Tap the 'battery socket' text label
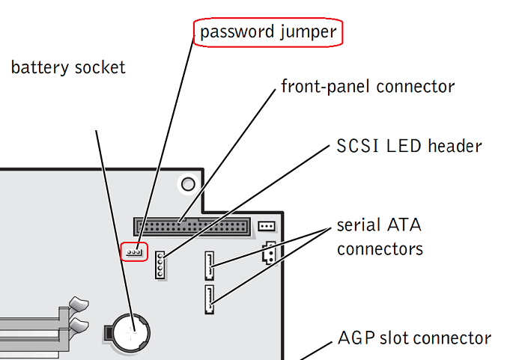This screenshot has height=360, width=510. [68, 68]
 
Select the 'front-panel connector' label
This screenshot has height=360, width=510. [367, 87]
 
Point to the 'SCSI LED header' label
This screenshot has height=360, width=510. [409, 145]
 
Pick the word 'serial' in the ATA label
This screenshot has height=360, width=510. [358, 225]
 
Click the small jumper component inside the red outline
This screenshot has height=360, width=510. [134, 251]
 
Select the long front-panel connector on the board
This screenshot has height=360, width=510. [191, 225]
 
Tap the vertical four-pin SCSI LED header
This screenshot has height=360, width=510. [160, 266]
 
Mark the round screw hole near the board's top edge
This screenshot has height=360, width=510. [188, 183]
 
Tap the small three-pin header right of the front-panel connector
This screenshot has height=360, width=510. [266, 226]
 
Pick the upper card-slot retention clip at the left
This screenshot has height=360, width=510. [77, 304]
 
